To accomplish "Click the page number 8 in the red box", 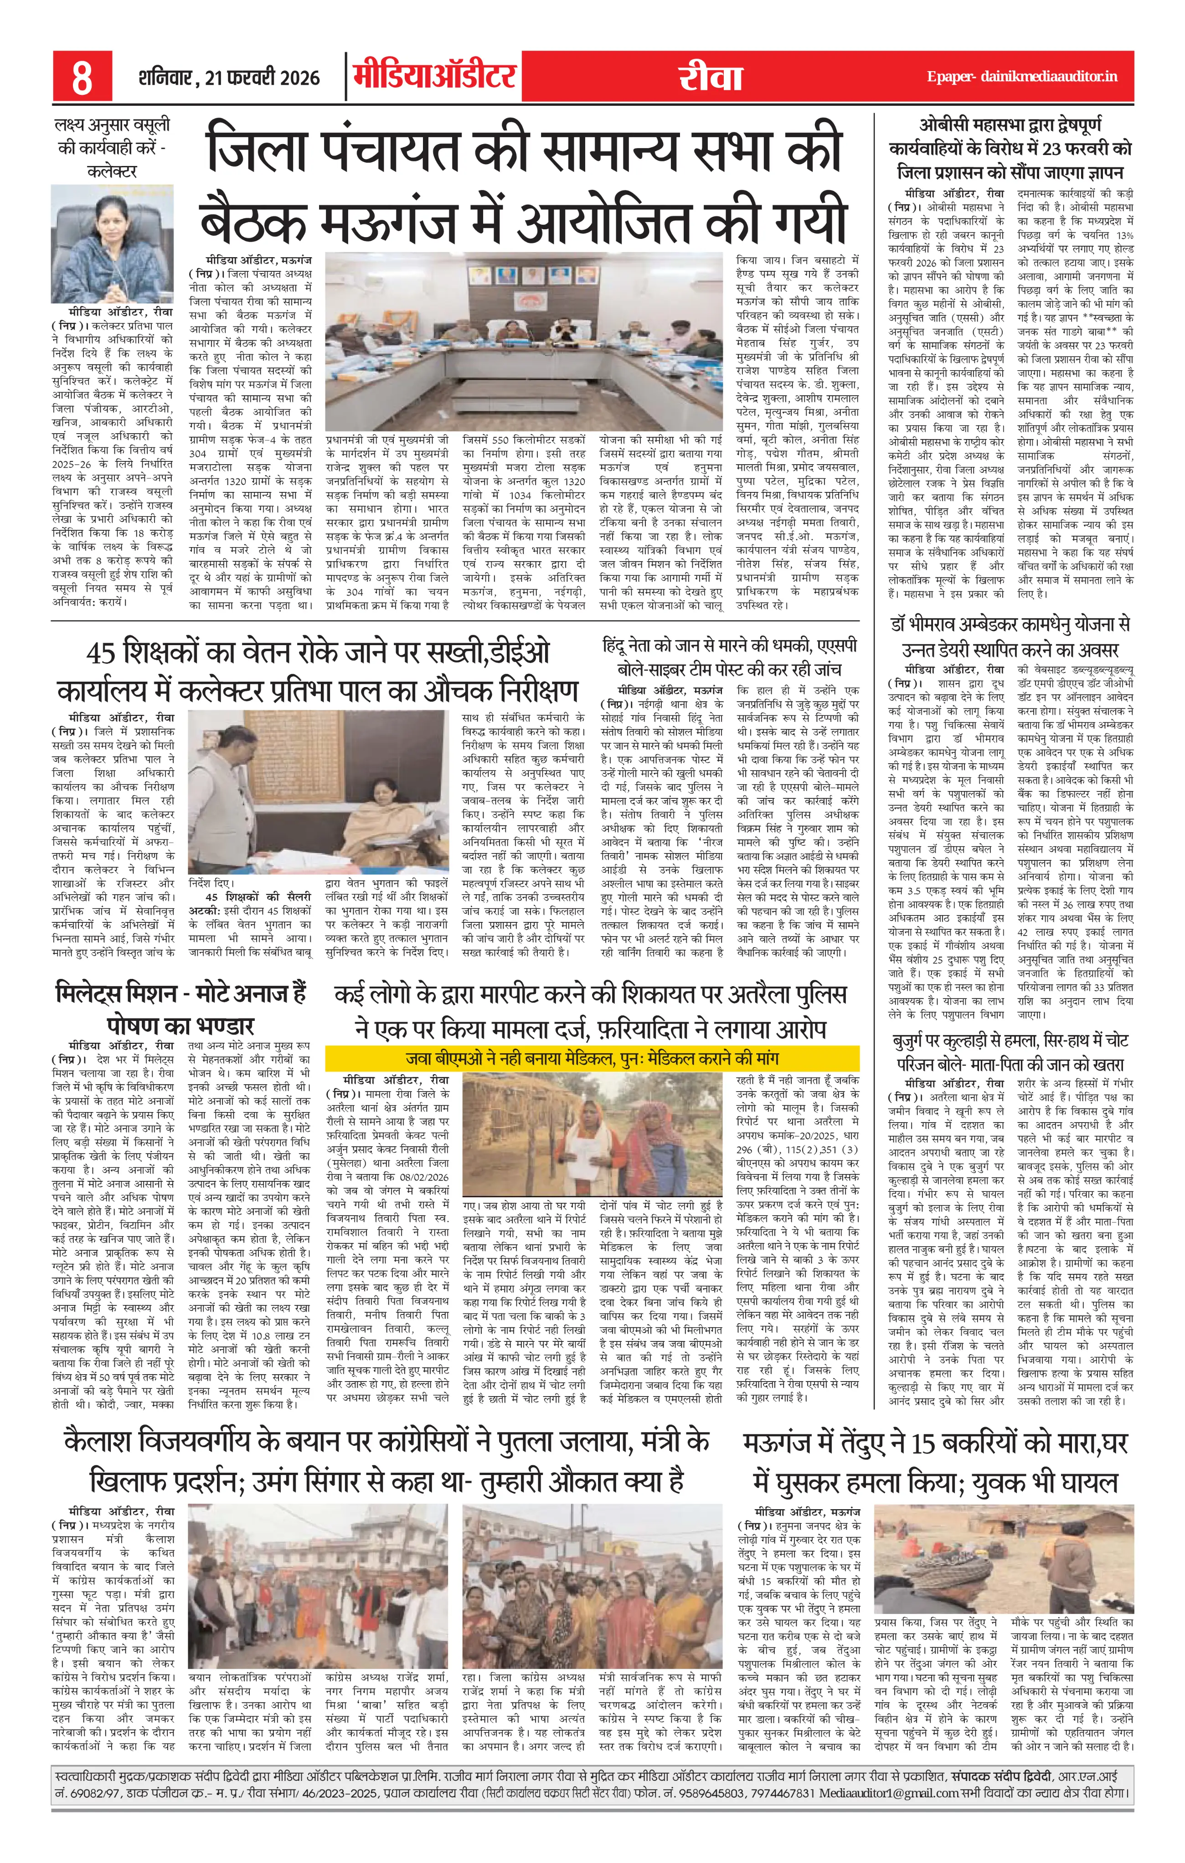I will [82, 77].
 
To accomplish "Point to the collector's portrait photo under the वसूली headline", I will [112, 244].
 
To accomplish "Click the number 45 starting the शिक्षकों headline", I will [101, 652].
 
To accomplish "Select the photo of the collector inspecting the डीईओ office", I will [318, 792].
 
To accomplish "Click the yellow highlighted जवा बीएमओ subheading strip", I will [592, 1058].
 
